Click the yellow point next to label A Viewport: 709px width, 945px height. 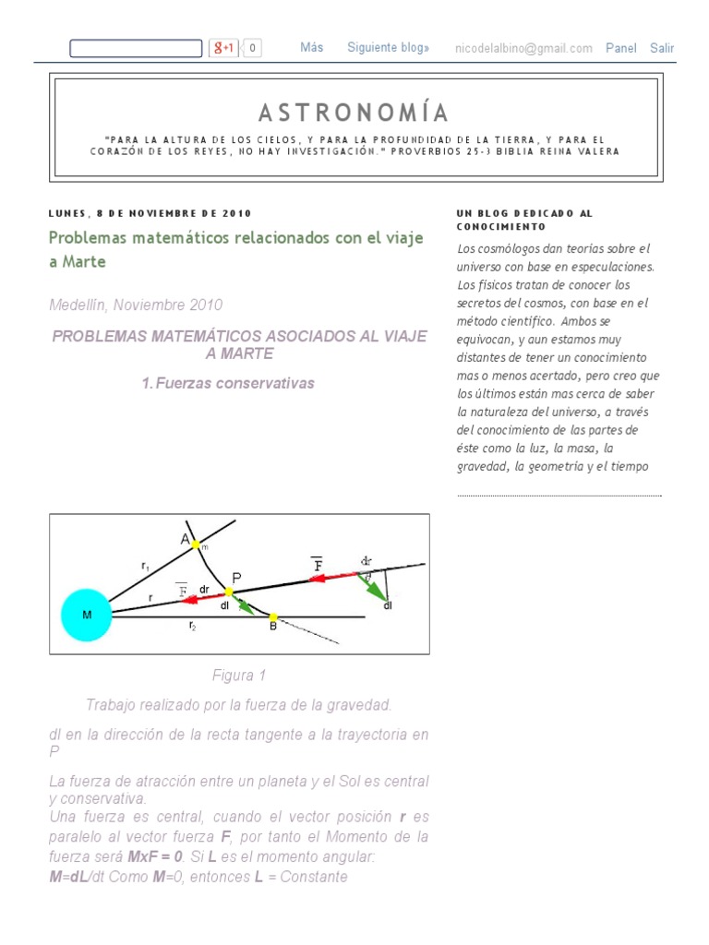(196, 545)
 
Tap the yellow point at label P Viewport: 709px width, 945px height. (230, 592)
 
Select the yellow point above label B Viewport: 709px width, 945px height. (272, 616)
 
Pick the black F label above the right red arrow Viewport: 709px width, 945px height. (318, 564)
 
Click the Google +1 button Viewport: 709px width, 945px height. (224, 48)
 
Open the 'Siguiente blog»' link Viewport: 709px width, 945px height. (388, 48)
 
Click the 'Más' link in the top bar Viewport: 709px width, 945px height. (311, 48)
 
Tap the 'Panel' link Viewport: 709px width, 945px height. (620, 49)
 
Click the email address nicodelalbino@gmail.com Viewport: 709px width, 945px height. (523, 49)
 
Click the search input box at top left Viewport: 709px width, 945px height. (135, 48)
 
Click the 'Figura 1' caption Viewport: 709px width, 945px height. (238, 676)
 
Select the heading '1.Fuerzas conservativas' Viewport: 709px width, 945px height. (228, 383)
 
